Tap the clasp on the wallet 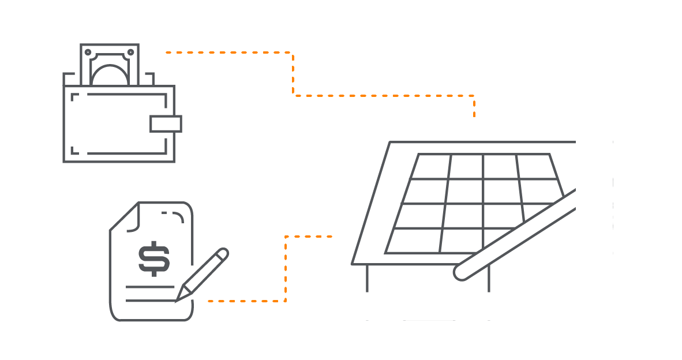(166, 123)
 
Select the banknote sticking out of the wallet (110, 65)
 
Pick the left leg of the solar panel (367, 278)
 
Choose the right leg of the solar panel (489, 278)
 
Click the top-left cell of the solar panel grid (432, 166)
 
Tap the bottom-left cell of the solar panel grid (414, 241)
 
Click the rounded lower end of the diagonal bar (462, 272)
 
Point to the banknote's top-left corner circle (88, 52)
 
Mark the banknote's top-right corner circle (131, 52)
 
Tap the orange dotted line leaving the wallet (231, 52)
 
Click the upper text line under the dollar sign (150, 287)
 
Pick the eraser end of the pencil (223, 254)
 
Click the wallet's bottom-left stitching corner (74, 152)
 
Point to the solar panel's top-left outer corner (391, 142)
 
